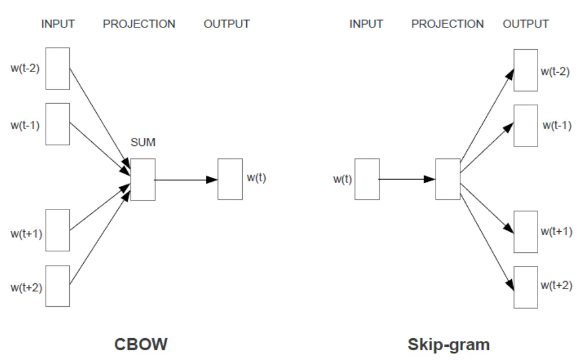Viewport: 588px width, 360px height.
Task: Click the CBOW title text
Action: (141, 344)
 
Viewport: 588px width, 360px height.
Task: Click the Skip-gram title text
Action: (448, 345)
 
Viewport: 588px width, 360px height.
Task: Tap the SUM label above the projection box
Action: (143, 143)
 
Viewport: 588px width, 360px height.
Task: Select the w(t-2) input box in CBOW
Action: (57, 69)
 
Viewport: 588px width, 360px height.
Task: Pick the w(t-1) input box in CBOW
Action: (57, 124)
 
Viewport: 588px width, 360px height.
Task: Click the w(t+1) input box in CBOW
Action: (57, 230)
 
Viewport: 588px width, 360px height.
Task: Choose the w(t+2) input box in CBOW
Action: (57, 286)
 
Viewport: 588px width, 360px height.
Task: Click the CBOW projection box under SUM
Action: (143, 180)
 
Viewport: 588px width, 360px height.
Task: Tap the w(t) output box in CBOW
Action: (230, 179)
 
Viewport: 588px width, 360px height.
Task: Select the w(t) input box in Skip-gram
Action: (366, 179)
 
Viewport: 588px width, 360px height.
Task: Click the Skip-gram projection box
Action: (447, 179)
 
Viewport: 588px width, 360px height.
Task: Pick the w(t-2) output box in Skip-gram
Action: (525, 70)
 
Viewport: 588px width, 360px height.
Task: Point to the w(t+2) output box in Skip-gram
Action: (525, 287)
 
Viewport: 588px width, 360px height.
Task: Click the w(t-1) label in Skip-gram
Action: (557, 125)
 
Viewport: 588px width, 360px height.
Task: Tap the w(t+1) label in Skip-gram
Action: (557, 231)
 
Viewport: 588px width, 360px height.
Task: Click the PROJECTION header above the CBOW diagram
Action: (139, 24)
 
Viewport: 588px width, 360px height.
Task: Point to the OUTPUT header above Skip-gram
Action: (526, 24)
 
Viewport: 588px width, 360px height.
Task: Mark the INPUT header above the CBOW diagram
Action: (58, 24)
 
